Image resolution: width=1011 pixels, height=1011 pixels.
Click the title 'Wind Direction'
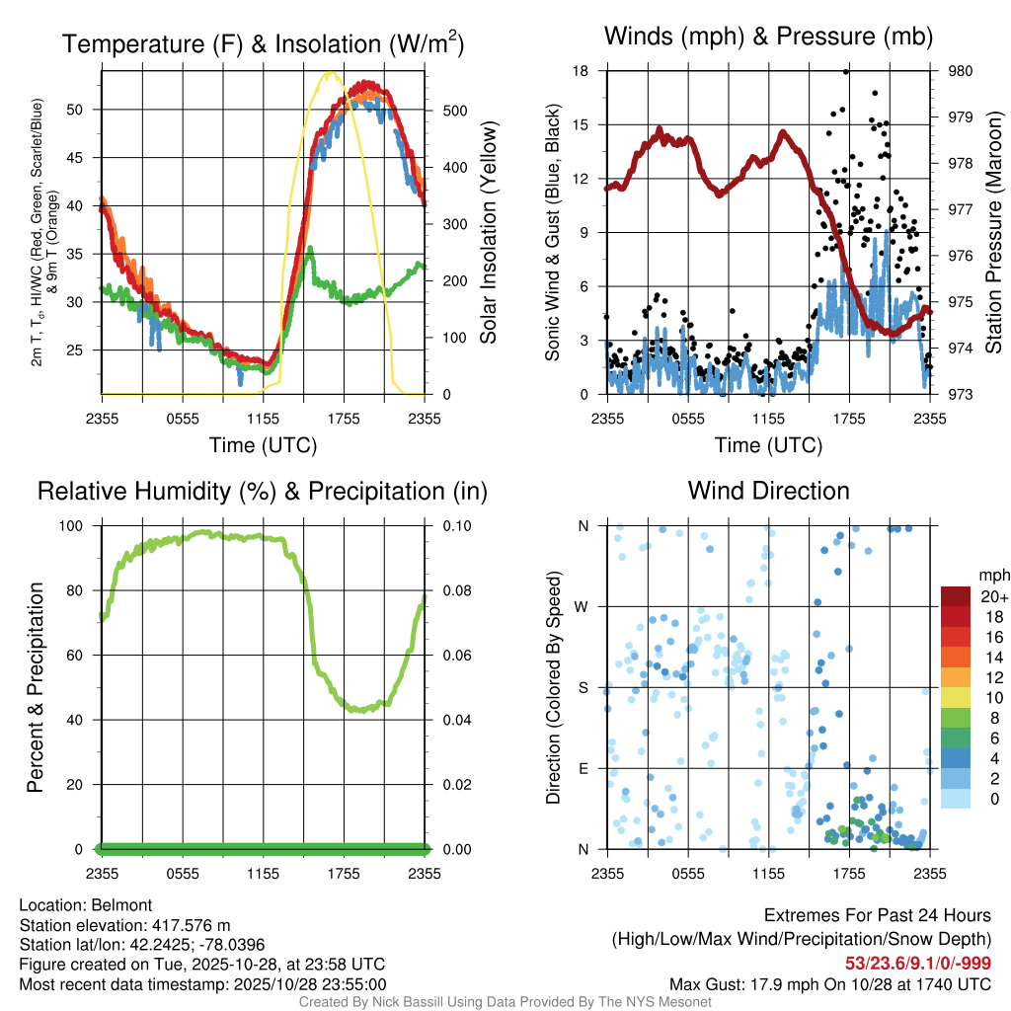tap(768, 491)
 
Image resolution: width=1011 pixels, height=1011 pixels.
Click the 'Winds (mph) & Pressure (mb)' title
tap(768, 38)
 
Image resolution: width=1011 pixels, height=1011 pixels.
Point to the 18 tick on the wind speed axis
tap(581, 71)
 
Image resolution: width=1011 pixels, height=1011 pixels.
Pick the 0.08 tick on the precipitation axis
tap(453, 591)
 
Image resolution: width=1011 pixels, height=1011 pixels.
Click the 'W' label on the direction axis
tap(583, 606)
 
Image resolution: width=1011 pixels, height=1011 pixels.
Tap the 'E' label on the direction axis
tap(583, 768)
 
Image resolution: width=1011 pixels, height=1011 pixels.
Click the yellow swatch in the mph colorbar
tap(955, 698)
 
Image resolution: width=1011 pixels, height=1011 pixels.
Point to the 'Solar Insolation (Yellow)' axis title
tap(488, 233)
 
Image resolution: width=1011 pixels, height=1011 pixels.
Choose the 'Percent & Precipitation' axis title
tap(35, 687)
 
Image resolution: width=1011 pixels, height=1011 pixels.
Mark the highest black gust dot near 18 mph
tap(846, 71)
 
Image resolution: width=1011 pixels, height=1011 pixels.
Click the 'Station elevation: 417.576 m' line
tap(124, 925)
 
